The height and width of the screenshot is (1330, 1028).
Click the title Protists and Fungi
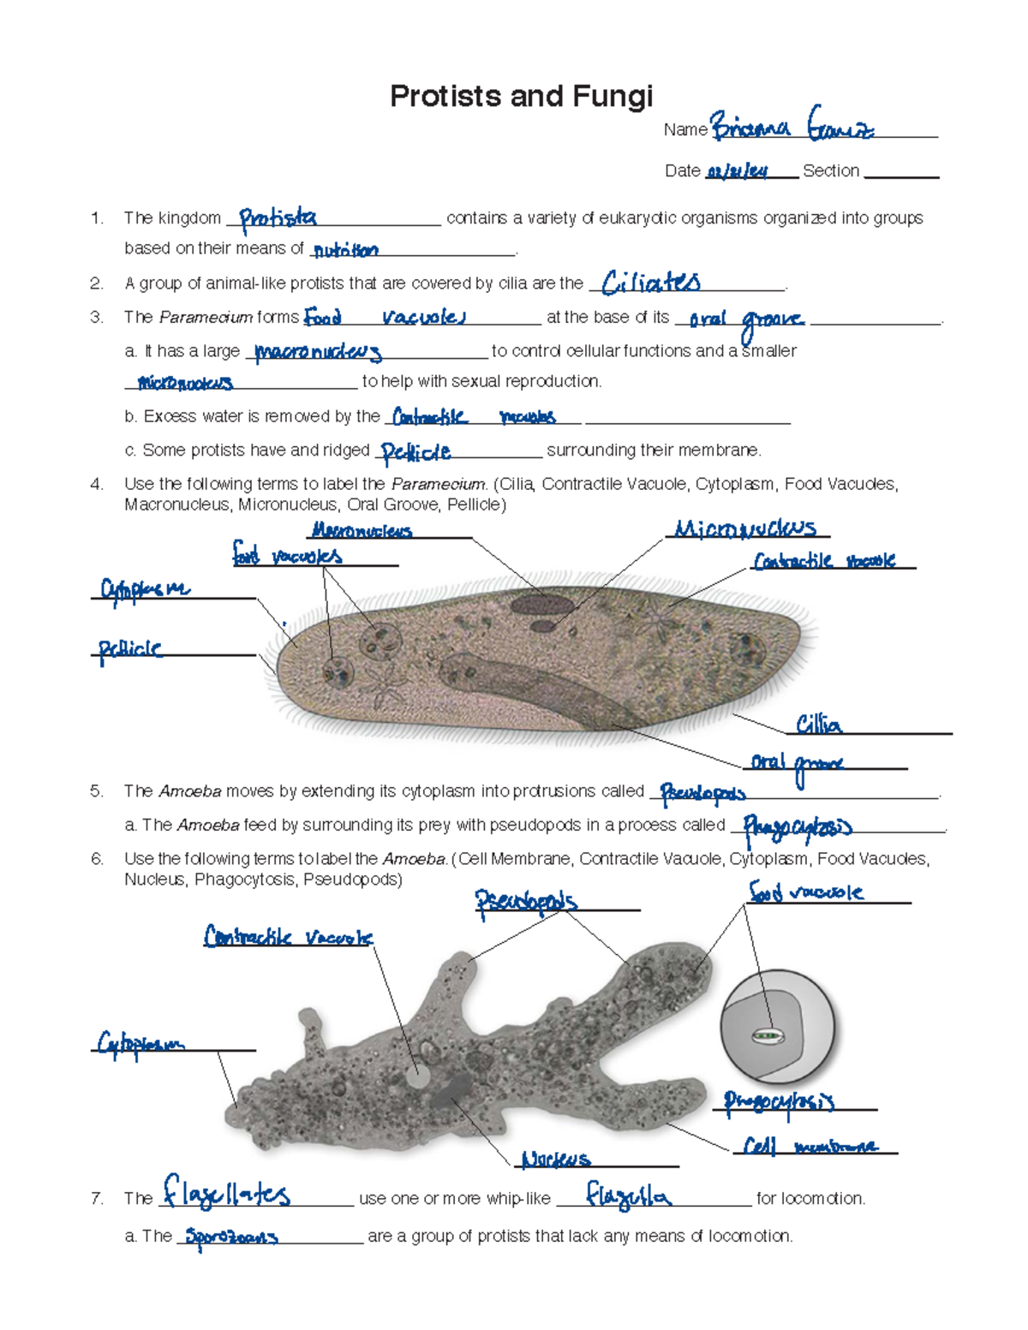click(521, 96)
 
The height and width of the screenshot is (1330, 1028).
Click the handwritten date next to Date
click(737, 172)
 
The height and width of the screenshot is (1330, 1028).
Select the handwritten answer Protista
click(278, 219)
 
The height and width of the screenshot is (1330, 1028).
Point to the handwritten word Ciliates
click(651, 283)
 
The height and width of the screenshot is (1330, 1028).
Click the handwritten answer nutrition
click(345, 251)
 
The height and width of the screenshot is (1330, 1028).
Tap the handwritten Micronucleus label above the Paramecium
click(744, 528)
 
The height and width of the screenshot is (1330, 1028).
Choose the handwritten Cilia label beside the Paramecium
click(818, 725)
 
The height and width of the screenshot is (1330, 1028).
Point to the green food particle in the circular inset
click(768, 1036)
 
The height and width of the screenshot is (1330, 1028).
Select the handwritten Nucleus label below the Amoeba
click(556, 1160)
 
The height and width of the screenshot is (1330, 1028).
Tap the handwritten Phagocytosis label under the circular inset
click(779, 1102)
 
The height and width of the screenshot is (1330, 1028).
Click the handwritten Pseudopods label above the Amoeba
click(526, 902)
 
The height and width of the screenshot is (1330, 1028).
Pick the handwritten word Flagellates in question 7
click(227, 1194)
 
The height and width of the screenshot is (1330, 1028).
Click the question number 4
click(97, 485)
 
